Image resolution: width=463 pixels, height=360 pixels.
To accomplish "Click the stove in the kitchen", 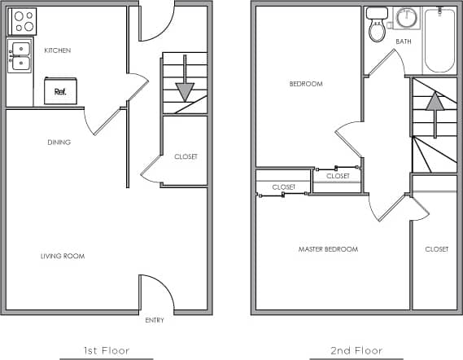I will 22,20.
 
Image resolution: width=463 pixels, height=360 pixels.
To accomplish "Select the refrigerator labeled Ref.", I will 60,90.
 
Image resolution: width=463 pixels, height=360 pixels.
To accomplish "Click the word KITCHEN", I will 58,50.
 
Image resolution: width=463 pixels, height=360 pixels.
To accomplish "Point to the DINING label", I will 59,143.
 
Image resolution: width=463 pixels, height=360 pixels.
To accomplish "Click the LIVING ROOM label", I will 63,257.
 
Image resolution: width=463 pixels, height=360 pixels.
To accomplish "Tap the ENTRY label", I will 155,320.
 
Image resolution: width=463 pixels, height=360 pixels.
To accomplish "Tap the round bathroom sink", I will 405,18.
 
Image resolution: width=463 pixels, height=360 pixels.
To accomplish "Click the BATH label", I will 404,42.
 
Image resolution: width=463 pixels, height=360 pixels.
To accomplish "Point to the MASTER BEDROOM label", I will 328,249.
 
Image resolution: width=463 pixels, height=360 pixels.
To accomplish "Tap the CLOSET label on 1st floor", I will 186,156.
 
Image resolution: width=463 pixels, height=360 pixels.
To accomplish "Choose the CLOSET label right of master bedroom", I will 436,249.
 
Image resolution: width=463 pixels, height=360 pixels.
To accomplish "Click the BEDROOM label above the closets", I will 306,84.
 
